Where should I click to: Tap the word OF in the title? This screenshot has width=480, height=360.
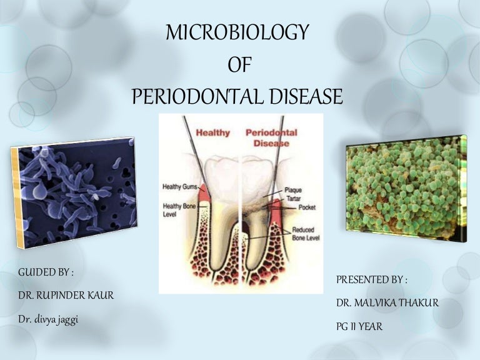[238, 64]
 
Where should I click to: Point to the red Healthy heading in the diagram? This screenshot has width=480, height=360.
[213, 132]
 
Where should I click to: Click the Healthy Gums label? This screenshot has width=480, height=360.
[181, 186]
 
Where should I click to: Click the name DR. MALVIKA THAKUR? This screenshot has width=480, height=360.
[387, 303]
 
